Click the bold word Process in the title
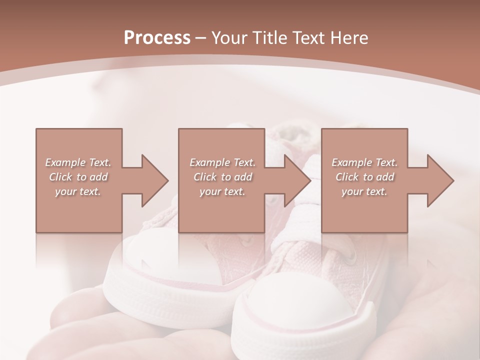(x=157, y=38)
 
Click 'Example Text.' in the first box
(x=78, y=162)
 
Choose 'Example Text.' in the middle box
(x=222, y=162)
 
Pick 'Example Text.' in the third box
(x=364, y=162)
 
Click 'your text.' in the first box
(x=78, y=191)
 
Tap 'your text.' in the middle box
(x=222, y=191)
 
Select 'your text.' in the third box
(x=364, y=191)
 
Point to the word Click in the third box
(x=347, y=177)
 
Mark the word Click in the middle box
(x=205, y=177)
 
